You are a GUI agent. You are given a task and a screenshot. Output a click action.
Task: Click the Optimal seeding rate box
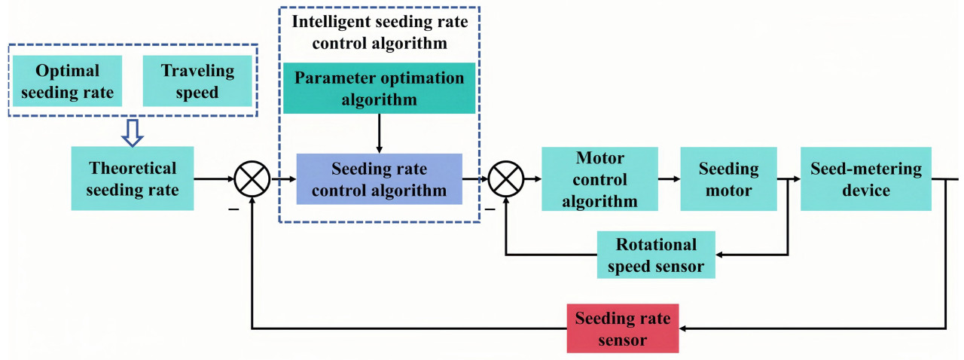68,81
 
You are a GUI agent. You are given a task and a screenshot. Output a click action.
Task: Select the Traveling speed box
197,81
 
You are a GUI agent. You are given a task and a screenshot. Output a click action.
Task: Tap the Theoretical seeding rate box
132,178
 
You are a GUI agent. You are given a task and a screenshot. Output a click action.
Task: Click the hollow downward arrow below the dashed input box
133,133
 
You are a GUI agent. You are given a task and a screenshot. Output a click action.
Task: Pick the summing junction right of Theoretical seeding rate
252,180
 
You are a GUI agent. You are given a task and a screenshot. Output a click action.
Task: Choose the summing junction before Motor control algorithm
506,180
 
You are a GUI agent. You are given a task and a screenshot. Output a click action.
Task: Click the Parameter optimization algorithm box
379,88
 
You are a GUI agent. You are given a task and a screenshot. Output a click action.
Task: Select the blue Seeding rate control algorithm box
379,179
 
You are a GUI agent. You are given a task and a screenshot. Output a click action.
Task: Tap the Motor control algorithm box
599,179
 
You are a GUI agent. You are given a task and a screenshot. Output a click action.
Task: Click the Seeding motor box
728,179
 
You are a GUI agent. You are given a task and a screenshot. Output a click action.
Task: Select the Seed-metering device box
865,179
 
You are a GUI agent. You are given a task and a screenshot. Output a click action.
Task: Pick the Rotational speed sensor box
655,255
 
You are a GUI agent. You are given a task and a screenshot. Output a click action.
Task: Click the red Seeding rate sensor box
622,328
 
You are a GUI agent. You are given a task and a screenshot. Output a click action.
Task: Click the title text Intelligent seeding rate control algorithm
379,31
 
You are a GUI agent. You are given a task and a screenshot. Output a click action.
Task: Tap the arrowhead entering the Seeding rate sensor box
685,328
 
